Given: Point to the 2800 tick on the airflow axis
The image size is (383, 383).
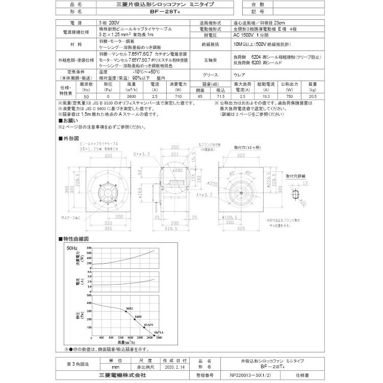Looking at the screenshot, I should (x=159, y=338).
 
